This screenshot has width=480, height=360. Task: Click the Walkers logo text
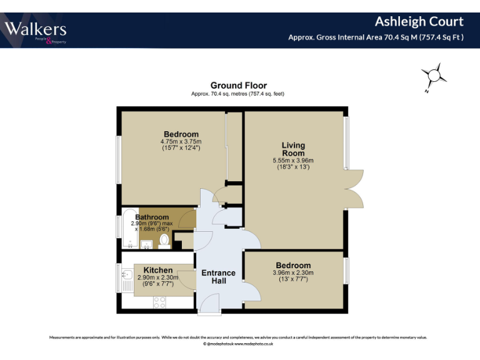(36, 29)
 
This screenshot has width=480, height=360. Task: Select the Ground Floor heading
(238, 86)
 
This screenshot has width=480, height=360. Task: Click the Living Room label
(292, 149)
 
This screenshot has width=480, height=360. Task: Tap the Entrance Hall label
(218, 277)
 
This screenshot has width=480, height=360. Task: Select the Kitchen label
(158, 270)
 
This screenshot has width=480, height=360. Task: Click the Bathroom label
(152, 217)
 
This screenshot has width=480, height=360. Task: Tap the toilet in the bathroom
(164, 241)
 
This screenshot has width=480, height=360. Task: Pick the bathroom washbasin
(146, 244)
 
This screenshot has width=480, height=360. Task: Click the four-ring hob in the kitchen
(159, 302)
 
